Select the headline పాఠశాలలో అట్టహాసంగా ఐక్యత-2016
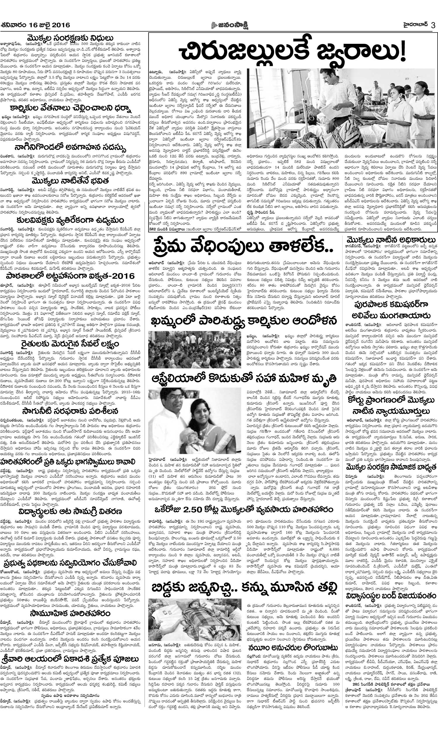coord(70,276)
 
